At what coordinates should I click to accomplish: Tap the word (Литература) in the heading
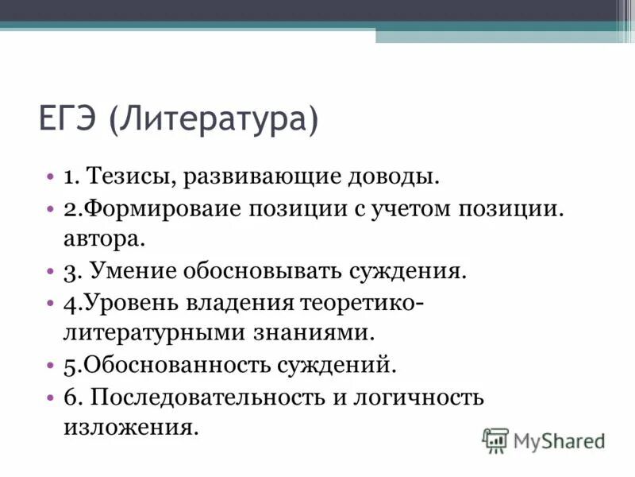[214, 121]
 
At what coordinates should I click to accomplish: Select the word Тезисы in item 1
[132, 176]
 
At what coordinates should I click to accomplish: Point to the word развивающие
[261, 176]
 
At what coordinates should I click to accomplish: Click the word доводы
[392, 176]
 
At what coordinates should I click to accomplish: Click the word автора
[103, 238]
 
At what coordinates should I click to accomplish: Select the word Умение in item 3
[133, 271]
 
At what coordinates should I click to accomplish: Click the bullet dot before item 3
[51, 272]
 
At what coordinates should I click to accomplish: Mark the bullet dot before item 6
[51, 397]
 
